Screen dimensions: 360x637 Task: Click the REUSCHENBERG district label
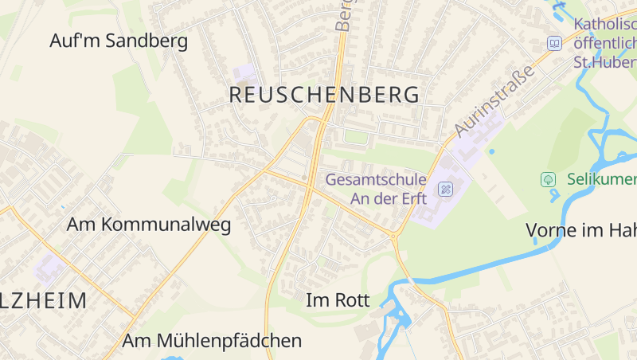click(324, 95)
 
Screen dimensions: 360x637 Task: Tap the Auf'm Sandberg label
click(119, 41)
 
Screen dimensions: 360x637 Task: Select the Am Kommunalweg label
click(149, 225)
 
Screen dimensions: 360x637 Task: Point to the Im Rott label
click(338, 300)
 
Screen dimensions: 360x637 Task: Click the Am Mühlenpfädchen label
click(212, 341)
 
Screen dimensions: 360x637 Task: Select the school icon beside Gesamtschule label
click(446, 189)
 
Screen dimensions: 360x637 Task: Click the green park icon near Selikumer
click(548, 179)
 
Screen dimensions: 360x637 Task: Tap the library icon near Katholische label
click(554, 43)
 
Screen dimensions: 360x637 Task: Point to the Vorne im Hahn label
click(581, 230)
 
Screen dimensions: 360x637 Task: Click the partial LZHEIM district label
click(44, 300)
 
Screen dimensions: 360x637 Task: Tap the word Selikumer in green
click(601, 180)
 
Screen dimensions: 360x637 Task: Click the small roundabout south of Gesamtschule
click(393, 235)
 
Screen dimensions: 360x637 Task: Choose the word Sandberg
click(150, 41)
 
